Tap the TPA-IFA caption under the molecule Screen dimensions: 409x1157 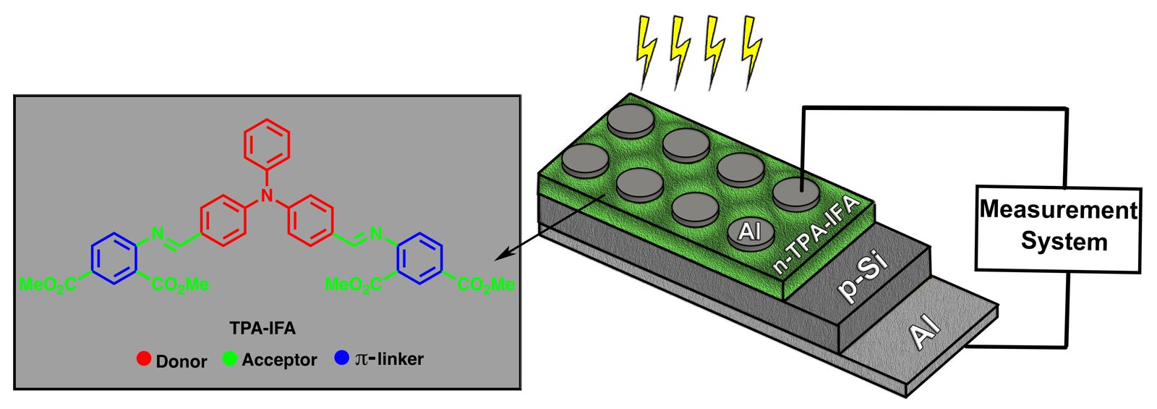[x=262, y=329]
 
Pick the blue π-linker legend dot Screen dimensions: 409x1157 [x=342, y=358]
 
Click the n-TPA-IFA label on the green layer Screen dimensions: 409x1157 [x=815, y=233]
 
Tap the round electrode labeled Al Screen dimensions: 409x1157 [x=750, y=232]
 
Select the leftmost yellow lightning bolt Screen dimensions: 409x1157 [x=645, y=51]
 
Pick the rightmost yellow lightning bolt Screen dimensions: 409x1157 [x=752, y=51]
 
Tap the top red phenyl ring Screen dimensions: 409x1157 [x=267, y=143]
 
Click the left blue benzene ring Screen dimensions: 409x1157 [x=114, y=257]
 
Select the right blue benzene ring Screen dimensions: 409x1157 [x=420, y=257]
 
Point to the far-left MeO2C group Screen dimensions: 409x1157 [x=46, y=284]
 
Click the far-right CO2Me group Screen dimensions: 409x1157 [x=486, y=284]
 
